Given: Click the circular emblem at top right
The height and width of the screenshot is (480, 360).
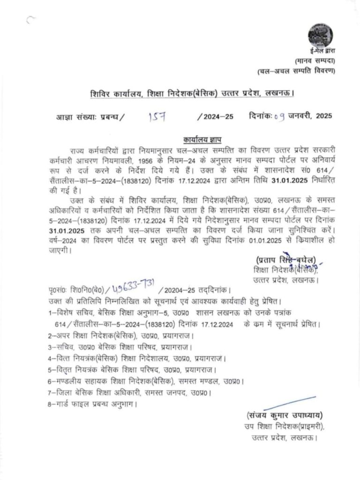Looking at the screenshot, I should (x=321, y=35).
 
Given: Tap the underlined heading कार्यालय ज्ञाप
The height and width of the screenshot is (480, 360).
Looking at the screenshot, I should (x=202, y=140).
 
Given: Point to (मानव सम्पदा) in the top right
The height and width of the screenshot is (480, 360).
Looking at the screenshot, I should (x=315, y=61).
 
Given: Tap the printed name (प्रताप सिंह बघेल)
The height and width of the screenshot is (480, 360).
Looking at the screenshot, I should (x=286, y=260).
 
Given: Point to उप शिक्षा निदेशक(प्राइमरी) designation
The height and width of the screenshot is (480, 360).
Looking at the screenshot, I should (x=284, y=427).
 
